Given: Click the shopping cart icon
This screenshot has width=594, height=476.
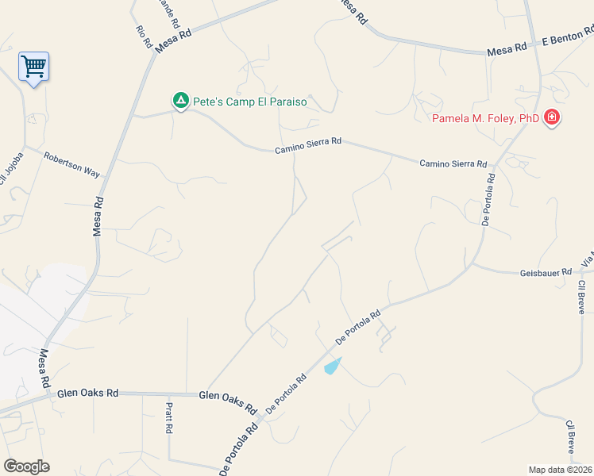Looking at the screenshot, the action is pos(33,67).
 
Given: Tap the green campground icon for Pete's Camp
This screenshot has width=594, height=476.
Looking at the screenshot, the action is pos(181,101).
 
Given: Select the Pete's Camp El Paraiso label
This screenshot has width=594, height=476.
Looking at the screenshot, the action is pos(250,102).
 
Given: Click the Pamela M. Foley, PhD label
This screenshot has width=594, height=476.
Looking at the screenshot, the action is pos(485,119).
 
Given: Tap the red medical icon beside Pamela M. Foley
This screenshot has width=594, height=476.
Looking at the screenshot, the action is pos(552,119).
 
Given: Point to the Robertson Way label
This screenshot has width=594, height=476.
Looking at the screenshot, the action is pos(71,165).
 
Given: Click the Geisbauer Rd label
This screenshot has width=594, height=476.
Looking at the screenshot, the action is pos(546,272).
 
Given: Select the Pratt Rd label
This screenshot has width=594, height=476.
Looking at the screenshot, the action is pos(169,417).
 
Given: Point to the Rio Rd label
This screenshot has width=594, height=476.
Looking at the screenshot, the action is pos(144,37).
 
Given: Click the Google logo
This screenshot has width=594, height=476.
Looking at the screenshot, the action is pos(26,466).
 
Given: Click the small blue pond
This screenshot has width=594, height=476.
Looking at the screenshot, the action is pos(333,366).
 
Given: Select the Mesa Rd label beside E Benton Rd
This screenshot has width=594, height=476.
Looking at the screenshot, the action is pos(507,49).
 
